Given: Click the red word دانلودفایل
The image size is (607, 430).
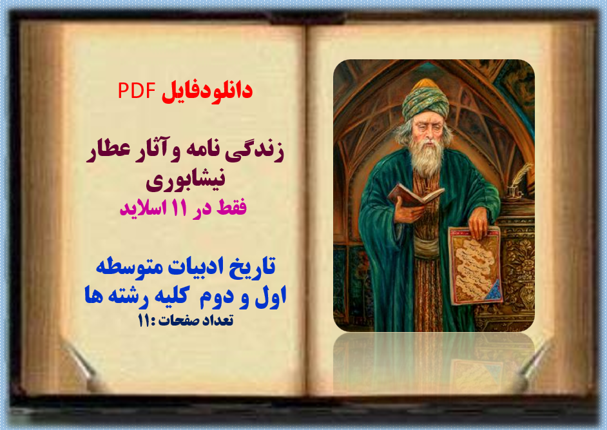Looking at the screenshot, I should coord(207,91).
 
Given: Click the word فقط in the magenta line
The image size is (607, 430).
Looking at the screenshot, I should coord(231,209).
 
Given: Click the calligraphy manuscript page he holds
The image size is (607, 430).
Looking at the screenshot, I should coord(476,264).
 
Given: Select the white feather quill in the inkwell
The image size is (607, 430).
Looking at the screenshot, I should coord(523,174).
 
